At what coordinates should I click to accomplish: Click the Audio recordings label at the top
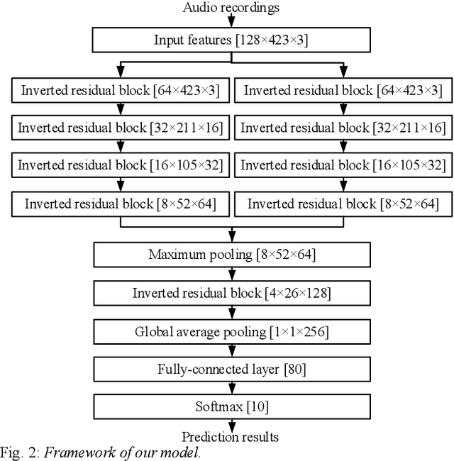pyautogui.click(x=231, y=8)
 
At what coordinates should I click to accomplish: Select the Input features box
pyautogui.click(x=231, y=40)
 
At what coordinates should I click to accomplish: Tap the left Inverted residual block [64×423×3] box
pyautogui.click(x=120, y=90)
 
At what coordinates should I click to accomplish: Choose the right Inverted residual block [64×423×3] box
pyautogui.click(x=343, y=90)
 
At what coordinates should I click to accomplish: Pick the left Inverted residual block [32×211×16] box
pyautogui.click(x=120, y=128)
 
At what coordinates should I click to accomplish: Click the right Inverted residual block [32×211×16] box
pyautogui.click(x=343, y=128)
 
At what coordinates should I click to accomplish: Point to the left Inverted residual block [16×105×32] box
pyautogui.click(x=120, y=165)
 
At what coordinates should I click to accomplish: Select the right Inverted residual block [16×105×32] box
pyautogui.click(x=343, y=165)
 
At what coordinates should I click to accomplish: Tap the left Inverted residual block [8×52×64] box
pyautogui.click(x=120, y=204)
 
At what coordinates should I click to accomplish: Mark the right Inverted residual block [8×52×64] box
pyautogui.click(x=343, y=204)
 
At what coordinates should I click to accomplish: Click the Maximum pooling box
pyautogui.click(x=231, y=255)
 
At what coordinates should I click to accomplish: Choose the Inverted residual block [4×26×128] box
pyautogui.click(x=231, y=293)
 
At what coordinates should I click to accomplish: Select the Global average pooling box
pyautogui.click(x=231, y=331)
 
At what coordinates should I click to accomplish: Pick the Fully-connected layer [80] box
pyautogui.click(x=231, y=369)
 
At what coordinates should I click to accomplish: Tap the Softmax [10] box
pyautogui.click(x=231, y=407)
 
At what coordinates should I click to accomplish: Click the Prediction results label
pyautogui.click(x=231, y=436)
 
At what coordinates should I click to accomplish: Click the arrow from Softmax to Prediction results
pyautogui.click(x=231, y=424)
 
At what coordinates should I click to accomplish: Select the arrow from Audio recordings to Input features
pyautogui.click(x=231, y=21)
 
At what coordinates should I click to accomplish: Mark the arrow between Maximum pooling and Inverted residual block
pyautogui.click(x=231, y=274)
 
